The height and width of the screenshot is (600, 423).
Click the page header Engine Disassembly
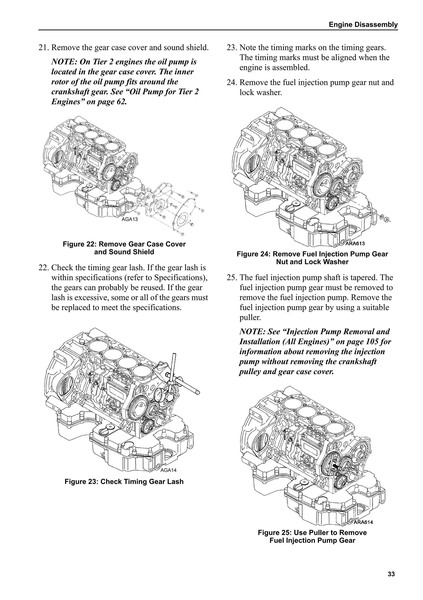point(363,25)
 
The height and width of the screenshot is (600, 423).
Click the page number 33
point(391,574)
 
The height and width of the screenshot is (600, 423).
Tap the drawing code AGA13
point(130,219)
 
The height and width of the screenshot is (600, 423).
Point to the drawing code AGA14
point(168,470)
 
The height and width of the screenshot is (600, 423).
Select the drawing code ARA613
point(355,244)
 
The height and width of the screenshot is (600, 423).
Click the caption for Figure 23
point(124,482)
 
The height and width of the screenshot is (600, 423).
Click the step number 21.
point(43,48)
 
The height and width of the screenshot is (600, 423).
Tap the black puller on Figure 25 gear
point(335,465)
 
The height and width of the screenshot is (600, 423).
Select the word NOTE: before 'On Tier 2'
point(63,62)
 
